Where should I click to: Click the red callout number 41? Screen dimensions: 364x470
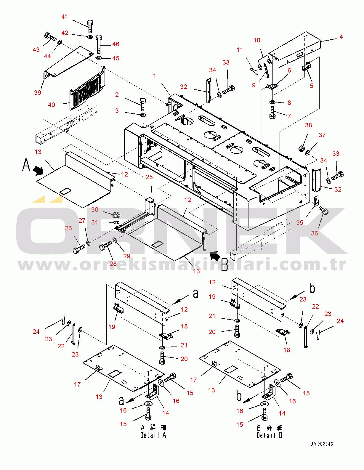click(x=65, y=17)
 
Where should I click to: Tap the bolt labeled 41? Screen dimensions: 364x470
click(x=90, y=26)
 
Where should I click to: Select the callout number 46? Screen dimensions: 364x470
click(x=116, y=44)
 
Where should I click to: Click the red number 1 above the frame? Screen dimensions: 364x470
click(x=154, y=76)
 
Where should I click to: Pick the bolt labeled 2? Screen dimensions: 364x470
click(x=143, y=105)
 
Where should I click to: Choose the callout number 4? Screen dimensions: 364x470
click(x=341, y=37)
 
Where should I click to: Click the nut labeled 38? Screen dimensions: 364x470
click(x=302, y=148)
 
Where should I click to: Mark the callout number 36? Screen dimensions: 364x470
click(x=315, y=233)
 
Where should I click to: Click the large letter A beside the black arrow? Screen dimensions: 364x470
click(x=26, y=165)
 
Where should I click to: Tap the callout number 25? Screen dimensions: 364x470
click(x=149, y=177)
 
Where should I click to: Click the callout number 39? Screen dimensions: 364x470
click(x=38, y=93)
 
